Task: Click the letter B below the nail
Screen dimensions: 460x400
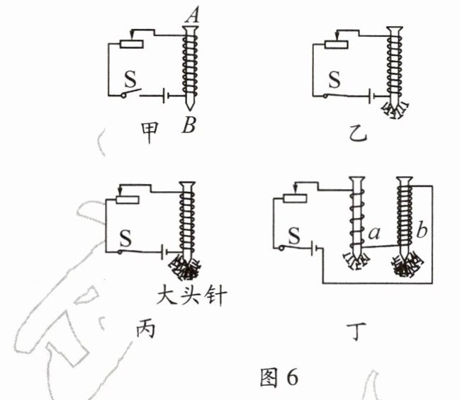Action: click(x=188, y=126)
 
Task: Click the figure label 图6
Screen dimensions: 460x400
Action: click(x=280, y=377)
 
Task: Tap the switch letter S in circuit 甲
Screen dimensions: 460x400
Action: click(x=129, y=76)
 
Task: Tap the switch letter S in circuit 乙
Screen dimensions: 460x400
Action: click(x=334, y=77)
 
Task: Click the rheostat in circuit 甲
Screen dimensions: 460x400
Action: click(x=133, y=43)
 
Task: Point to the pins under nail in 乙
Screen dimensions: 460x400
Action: click(x=393, y=108)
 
